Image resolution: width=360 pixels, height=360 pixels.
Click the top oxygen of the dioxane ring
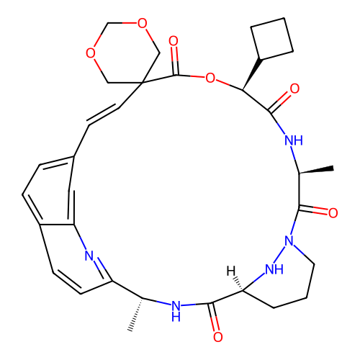[142, 23]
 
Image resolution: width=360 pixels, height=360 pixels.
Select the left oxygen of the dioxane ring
[91, 53]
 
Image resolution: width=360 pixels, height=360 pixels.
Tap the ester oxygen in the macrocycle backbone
[210, 78]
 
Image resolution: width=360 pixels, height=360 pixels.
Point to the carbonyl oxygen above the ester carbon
[174, 41]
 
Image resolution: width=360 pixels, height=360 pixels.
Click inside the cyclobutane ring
[272, 38]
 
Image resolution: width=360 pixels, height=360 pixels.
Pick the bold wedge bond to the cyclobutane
[251, 74]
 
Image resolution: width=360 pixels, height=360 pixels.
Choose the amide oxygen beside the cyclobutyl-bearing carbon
[294, 89]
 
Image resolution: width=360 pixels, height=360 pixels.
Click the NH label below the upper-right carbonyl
[294, 140]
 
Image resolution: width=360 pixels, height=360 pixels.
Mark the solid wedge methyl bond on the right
[316, 170]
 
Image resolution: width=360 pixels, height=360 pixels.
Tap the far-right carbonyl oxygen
[333, 213]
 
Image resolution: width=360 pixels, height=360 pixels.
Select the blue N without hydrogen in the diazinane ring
[289, 240]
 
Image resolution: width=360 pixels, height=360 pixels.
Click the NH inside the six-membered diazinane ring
[274, 269]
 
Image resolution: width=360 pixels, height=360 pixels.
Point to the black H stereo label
[231, 271]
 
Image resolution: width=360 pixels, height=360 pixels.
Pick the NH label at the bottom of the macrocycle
[176, 311]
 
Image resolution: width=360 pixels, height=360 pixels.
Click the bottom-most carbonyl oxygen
[218, 337]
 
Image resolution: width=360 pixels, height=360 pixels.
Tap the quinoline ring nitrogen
[89, 256]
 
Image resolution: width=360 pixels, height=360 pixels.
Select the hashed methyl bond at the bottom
[136, 315]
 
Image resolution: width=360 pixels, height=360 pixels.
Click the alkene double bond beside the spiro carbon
[103, 115]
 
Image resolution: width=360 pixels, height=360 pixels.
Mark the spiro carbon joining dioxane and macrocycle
[142, 83]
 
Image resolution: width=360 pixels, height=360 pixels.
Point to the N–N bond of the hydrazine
[279, 254]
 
